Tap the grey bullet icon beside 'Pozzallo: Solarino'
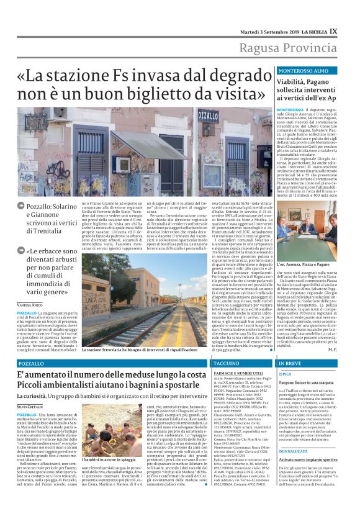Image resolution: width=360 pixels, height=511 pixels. [x=20, y=204]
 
